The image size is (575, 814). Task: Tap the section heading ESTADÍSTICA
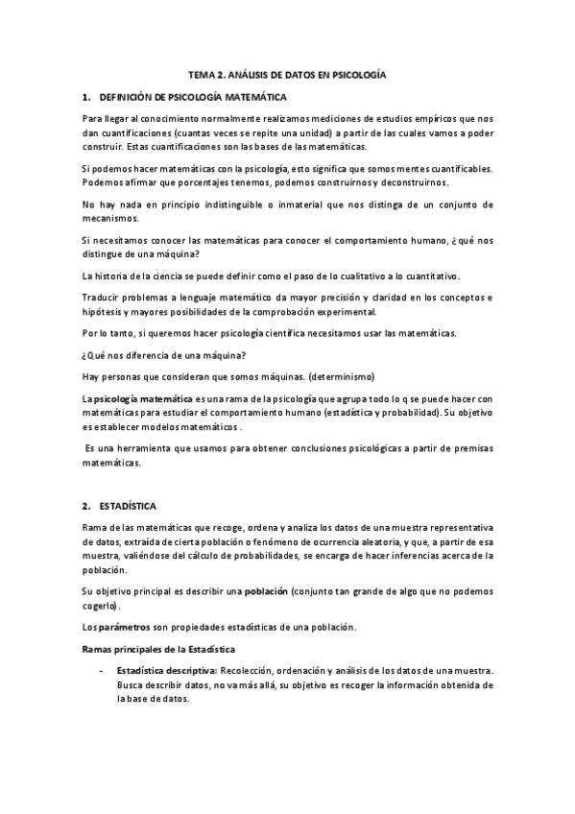pos(130,505)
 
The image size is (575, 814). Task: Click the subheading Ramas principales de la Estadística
pos(153,651)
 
